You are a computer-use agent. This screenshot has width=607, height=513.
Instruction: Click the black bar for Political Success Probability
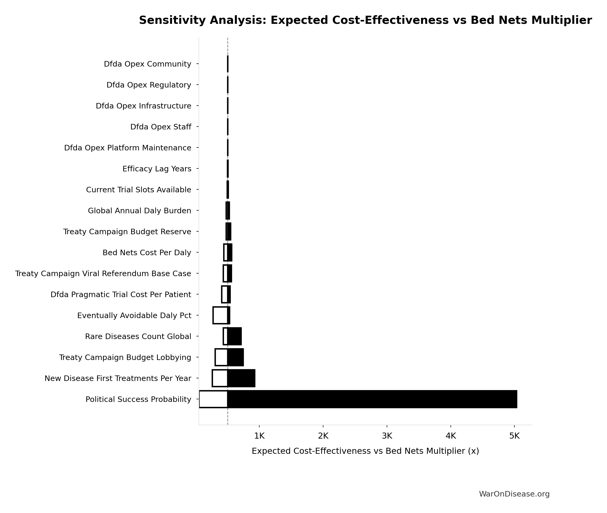click(372, 399)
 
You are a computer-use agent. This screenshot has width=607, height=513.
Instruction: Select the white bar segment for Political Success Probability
click(213, 399)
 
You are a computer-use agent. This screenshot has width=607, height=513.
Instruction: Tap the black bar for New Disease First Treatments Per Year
click(241, 378)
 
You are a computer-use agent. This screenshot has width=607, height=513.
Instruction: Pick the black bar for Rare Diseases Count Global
click(234, 336)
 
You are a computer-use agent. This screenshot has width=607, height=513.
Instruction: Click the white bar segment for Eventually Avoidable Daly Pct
click(220, 315)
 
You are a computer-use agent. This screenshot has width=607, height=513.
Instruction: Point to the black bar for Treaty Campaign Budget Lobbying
click(235, 357)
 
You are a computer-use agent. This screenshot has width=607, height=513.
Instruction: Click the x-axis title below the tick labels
click(365, 451)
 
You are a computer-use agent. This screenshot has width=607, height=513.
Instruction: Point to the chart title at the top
click(365, 20)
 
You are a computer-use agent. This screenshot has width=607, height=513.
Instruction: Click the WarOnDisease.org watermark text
click(514, 494)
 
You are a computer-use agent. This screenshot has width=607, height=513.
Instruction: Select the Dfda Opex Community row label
click(148, 64)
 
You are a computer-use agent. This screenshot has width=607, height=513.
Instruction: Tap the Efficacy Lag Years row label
click(157, 169)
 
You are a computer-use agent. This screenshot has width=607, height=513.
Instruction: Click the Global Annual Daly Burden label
click(139, 211)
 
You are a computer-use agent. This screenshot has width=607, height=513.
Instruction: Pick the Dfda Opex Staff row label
click(161, 127)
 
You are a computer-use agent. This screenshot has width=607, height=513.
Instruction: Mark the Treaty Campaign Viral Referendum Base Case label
click(103, 273)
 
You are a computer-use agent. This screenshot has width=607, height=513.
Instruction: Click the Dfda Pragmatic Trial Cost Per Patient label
click(121, 294)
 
